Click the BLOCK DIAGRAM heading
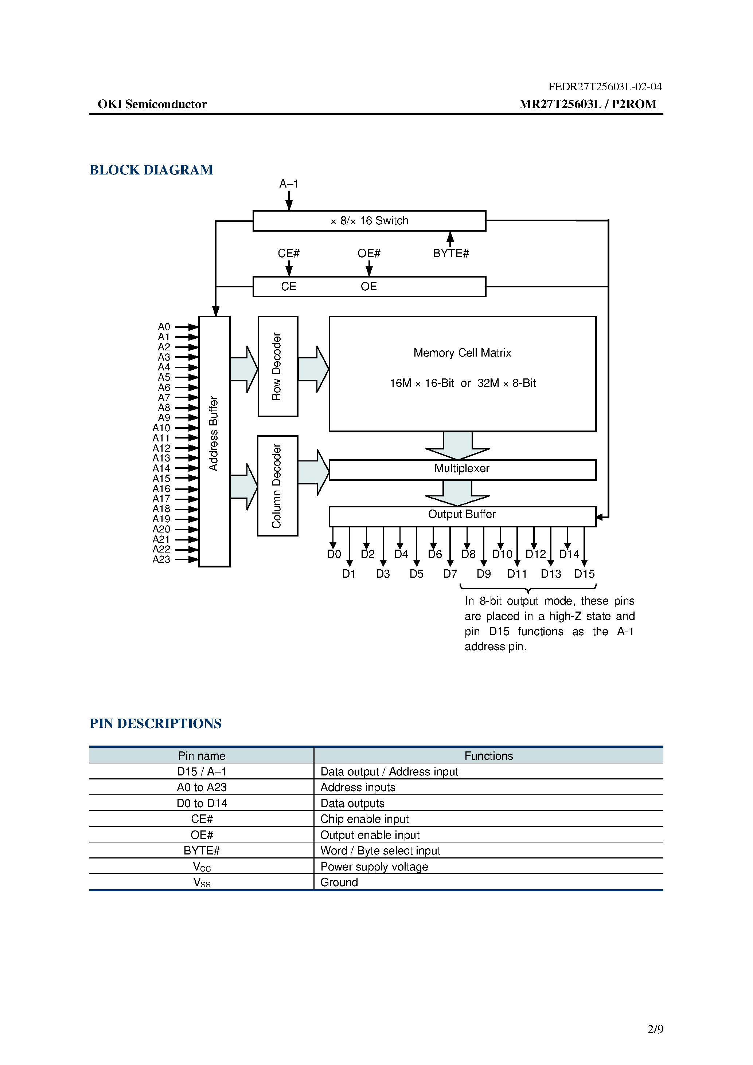tap(151, 170)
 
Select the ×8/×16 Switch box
tap(369, 221)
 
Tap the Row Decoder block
tap(278, 366)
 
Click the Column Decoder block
tap(278, 486)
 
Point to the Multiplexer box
tap(462, 469)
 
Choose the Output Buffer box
tap(462, 515)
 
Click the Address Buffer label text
tap(214, 433)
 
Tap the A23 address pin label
tap(161, 559)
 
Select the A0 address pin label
tap(164, 327)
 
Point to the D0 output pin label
tap(334, 554)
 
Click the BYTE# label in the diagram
tap(451, 253)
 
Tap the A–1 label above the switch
tap(288, 184)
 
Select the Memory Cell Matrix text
tap(462, 353)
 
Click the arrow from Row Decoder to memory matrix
tap(313, 369)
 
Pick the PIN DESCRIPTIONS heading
tap(156, 724)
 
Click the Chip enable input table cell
tap(364, 819)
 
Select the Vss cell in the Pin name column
tap(202, 882)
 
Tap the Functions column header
tap(488, 756)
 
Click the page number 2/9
tap(655, 1029)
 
